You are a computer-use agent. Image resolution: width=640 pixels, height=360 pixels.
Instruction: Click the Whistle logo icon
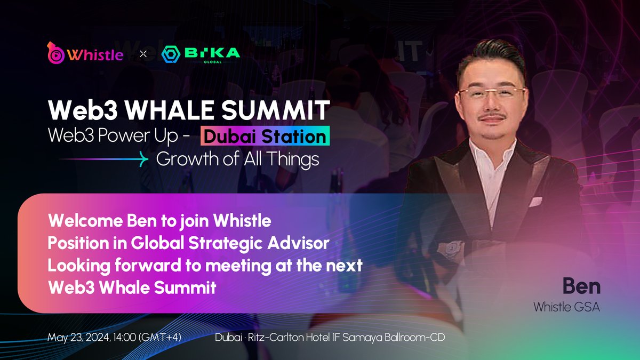point(56,52)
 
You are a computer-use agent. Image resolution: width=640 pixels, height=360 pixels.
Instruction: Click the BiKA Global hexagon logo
point(171,54)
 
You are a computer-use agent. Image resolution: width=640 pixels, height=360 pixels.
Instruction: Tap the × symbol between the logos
point(143,54)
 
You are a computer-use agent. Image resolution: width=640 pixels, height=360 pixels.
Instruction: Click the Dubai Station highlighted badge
point(265,137)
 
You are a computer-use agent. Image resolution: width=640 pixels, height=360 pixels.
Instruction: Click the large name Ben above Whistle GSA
point(581,286)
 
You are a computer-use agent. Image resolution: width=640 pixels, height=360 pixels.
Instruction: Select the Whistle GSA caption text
point(566,308)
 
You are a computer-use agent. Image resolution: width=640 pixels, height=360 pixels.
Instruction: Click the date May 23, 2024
point(79,338)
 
